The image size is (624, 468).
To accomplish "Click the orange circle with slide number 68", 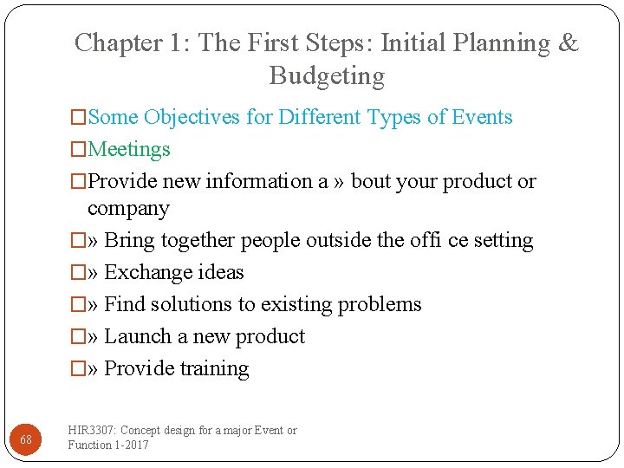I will click(26, 439).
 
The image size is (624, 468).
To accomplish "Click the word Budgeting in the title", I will click(327, 76).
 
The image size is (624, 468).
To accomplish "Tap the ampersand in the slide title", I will click(569, 43).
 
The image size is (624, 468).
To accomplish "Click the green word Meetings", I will click(129, 149).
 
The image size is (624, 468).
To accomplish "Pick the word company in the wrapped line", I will click(128, 209).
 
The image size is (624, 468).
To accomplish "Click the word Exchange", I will click(146, 272).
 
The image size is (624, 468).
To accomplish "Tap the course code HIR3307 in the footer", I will click(93, 431).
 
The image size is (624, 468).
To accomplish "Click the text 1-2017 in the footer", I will click(132, 445).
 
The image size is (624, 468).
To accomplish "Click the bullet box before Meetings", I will click(79, 150).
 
